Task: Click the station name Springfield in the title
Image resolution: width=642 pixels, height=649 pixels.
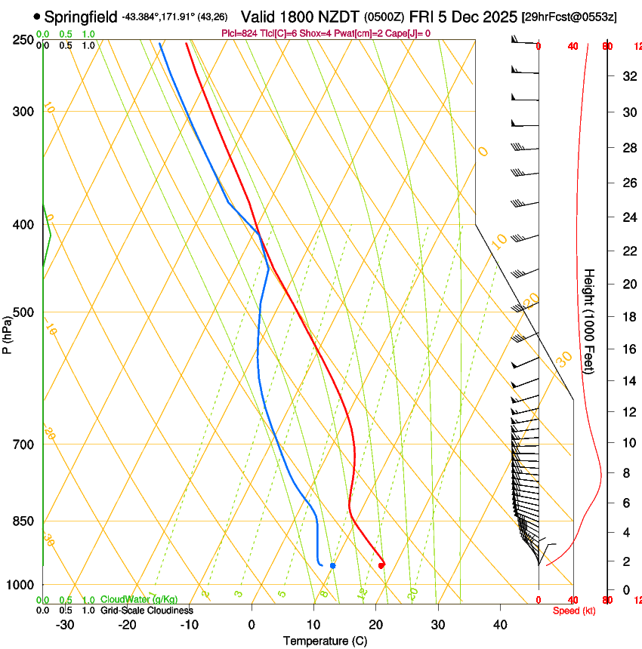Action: click(81, 16)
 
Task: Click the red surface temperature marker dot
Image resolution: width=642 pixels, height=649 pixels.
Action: click(381, 564)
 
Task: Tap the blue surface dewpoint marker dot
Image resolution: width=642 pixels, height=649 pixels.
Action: click(332, 565)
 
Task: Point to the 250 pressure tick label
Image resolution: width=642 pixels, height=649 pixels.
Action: click(23, 40)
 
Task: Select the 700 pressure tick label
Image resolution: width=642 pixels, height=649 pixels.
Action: click(23, 444)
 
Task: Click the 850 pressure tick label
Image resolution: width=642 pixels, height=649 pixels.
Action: click(23, 521)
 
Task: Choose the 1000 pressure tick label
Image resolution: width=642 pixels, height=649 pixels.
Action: click(20, 585)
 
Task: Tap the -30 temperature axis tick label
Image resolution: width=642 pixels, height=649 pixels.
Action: click(65, 625)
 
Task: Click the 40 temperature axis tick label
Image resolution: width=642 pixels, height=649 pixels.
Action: click(499, 625)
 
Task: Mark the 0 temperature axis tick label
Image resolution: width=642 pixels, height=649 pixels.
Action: click(252, 625)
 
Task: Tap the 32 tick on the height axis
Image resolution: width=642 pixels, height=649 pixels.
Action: click(628, 76)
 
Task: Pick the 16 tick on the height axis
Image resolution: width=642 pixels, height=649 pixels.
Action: click(628, 349)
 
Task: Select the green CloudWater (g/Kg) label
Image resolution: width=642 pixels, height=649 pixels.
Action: click(139, 600)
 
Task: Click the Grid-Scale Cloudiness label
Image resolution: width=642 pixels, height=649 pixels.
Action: click(147, 611)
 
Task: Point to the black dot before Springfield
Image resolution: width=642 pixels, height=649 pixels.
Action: click(37, 16)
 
